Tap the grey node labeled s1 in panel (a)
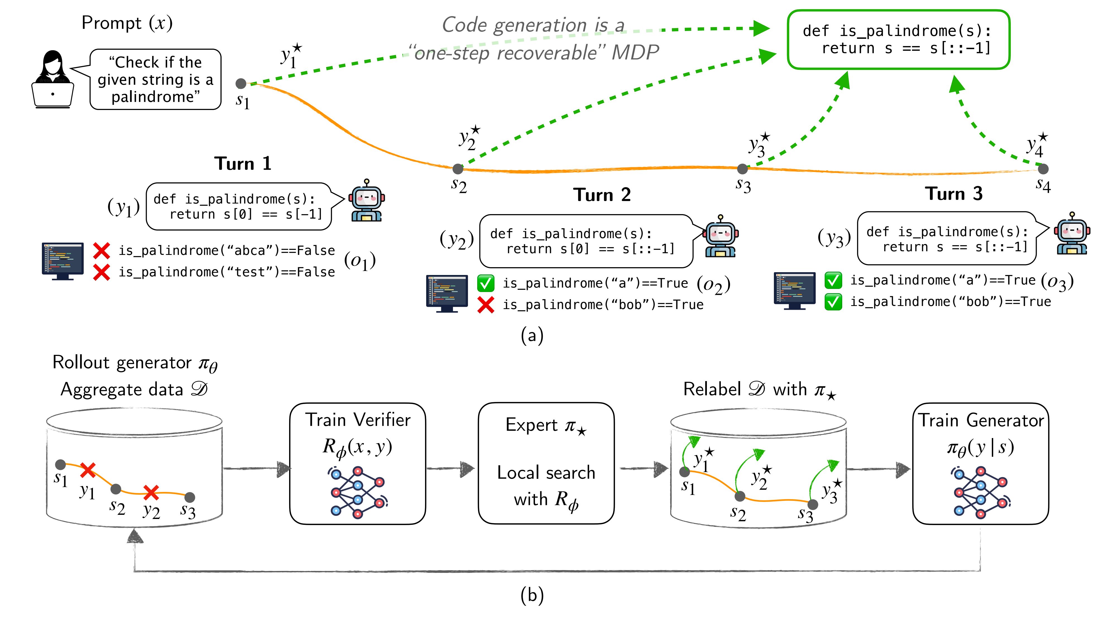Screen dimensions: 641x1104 point(241,83)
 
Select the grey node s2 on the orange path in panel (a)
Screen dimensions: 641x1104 point(458,169)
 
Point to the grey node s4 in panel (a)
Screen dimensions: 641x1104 point(1043,169)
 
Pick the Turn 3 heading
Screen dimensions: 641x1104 point(954,194)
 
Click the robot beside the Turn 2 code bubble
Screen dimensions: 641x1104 point(721,236)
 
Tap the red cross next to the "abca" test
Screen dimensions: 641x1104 point(102,251)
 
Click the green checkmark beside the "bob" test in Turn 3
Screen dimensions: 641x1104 point(833,302)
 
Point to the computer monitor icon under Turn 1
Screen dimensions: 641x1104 point(63,261)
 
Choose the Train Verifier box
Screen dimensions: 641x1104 point(357,463)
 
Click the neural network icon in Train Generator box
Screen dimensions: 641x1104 point(980,492)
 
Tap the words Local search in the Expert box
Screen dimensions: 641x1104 point(546,473)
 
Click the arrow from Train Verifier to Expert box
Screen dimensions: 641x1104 point(451,469)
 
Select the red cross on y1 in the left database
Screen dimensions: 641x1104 point(88,470)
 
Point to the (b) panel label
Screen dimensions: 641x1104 point(532,595)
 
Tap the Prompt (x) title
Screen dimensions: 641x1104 point(127,23)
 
